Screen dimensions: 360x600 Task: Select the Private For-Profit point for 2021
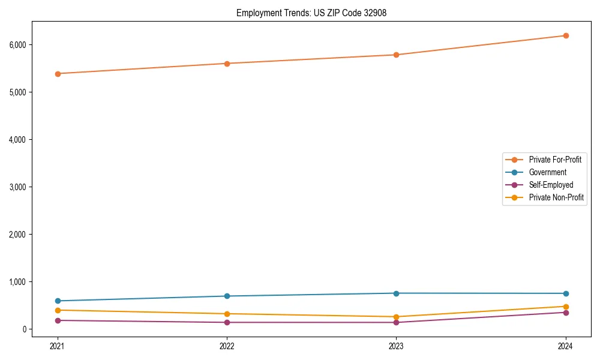click(58, 74)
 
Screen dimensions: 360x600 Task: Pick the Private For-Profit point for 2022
click(227, 64)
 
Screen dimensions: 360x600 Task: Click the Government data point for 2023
click(396, 293)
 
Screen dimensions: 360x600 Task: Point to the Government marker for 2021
click(58, 301)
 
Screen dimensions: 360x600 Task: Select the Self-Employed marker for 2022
click(227, 322)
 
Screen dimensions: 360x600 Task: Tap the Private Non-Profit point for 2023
click(396, 317)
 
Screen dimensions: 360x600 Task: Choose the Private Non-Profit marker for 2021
click(58, 310)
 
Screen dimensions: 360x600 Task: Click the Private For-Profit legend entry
click(555, 160)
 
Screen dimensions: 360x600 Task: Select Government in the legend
click(547, 172)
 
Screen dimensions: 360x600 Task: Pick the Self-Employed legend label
click(551, 185)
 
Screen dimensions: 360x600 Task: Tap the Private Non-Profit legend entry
click(556, 197)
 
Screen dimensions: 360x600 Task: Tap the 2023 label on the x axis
click(396, 346)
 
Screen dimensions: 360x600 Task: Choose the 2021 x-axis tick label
click(58, 346)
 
